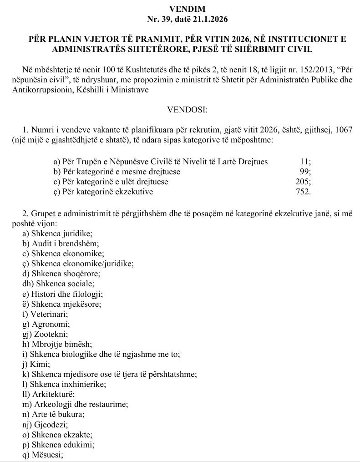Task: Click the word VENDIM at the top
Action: click(180, 9)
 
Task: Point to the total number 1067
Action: click(344, 131)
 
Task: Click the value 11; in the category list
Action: click(306, 162)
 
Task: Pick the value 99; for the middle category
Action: click(305, 172)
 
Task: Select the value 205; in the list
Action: click(304, 182)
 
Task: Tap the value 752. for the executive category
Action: click(304, 192)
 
